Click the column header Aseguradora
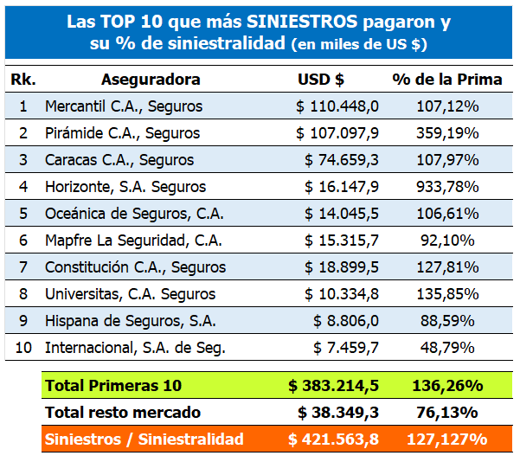pos(151,80)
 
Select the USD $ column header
pos(321,80)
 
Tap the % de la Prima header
pos(446,80)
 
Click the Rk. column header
pos(23,80)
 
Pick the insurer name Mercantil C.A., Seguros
pos(123,106)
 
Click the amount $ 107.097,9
pos(337,133)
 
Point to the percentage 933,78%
pos(446,187)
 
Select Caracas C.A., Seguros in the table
pos(119,160)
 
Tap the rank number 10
pos(23,348)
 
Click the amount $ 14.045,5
pos(342,214)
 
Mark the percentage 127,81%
pos(446,267)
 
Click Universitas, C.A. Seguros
pos(130,294)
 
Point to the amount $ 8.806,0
pos(346,321)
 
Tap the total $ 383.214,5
pos(334,385)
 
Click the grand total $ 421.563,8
pos(334,440)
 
